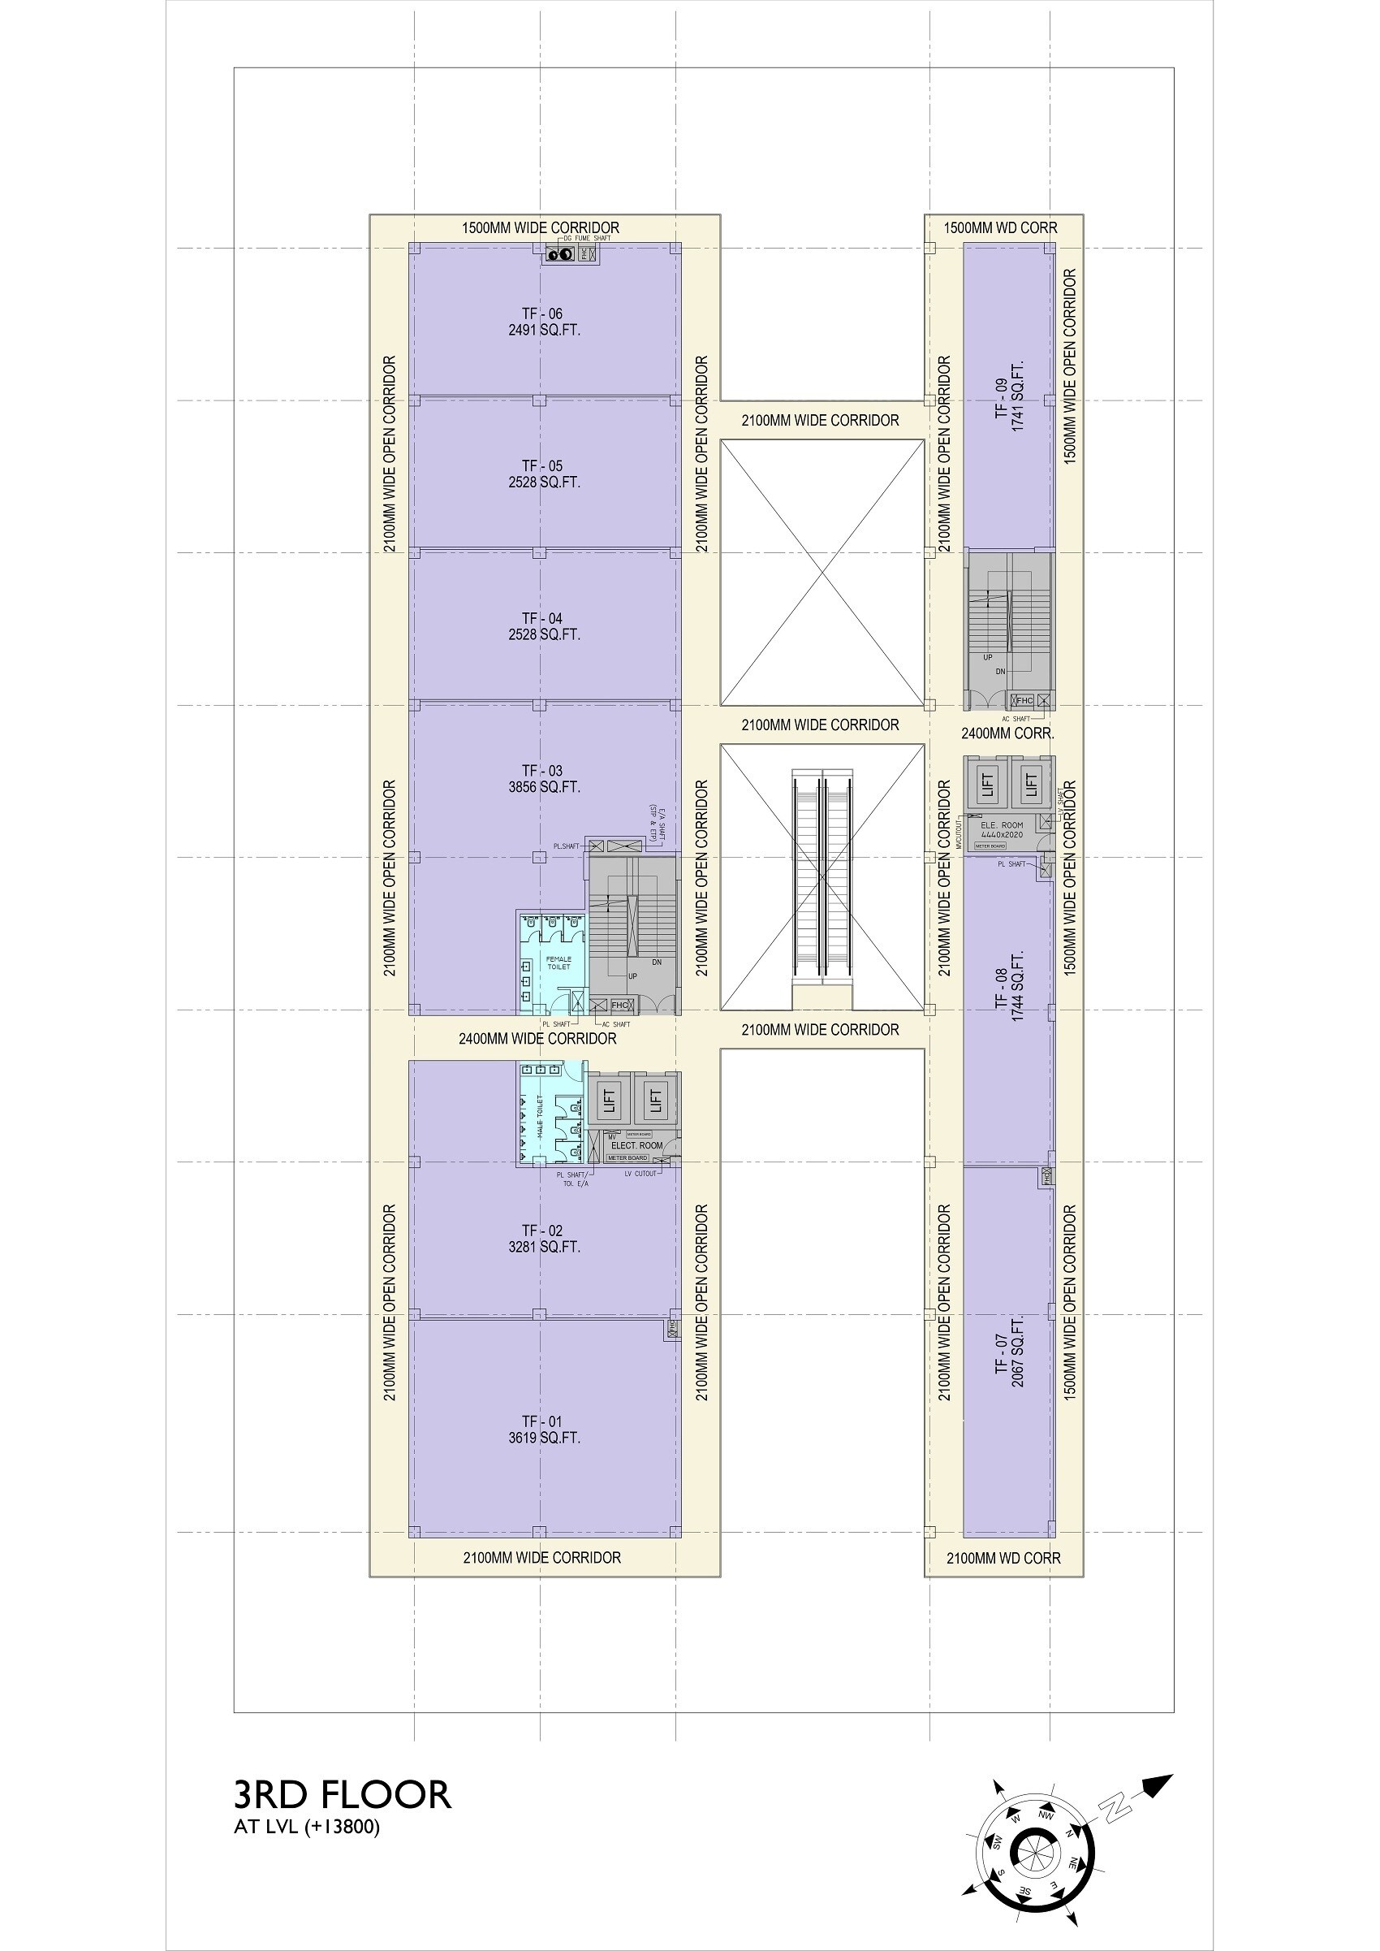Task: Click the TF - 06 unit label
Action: click(542, 314)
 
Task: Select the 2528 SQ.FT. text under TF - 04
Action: click(544, 634)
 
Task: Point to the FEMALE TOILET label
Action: click(558, 963)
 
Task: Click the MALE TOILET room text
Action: click(539, 1118)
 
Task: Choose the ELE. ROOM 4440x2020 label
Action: click(1002, 830)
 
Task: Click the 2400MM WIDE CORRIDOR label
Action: click(537, 1038)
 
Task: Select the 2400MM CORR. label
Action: click(1007, 733)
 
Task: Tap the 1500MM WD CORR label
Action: click(1000, 227)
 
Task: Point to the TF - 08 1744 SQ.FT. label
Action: click(1010, 985)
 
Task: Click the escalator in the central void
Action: click(822, 876)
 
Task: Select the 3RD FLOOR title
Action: click(342, 1794)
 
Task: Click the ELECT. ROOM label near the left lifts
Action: click(636, 1145)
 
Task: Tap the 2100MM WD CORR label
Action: click(1003, 1558)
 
